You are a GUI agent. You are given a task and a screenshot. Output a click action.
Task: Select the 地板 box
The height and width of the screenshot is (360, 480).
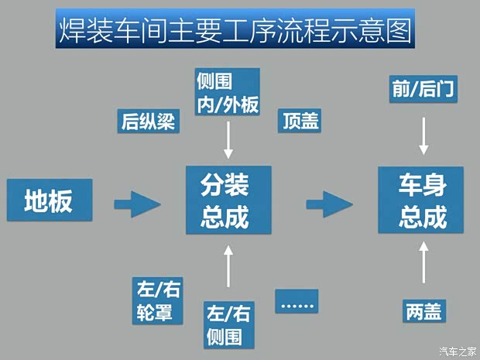pyautogui.click(x=48, y=201)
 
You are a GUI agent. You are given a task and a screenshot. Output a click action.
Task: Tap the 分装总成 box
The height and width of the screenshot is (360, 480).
pyautogui.click(x=228, y=201)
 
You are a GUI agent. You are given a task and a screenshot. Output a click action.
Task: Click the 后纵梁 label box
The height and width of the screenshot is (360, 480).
pyautogui.click(x=148, y=121)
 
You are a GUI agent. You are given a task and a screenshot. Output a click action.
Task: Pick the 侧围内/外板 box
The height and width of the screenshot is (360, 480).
pyautogui.click(x=227, y=92)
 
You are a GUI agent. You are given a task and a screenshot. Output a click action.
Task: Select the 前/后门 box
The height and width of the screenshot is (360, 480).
pyautogui.click(x=423, y=90)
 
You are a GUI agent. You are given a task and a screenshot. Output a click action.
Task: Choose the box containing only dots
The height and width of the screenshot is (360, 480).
pyautogui.click(x=297, y=302)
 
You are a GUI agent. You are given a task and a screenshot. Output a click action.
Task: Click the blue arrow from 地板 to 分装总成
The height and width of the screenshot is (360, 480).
pyautogui.click(x=137, y=204)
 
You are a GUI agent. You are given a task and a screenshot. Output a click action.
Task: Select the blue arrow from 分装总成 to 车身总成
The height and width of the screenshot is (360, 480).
pyautogui.click(x=328, y=204)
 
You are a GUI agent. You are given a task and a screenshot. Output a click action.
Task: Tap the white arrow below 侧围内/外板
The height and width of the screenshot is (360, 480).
pyautogui.click(x=228, y=141)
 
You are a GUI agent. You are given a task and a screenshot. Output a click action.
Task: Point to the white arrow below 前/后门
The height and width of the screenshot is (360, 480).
pyautogui.click(x=423, y=135)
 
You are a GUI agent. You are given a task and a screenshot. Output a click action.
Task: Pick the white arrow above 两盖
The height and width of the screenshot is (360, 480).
pyautogui.click(x=423, y=263)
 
